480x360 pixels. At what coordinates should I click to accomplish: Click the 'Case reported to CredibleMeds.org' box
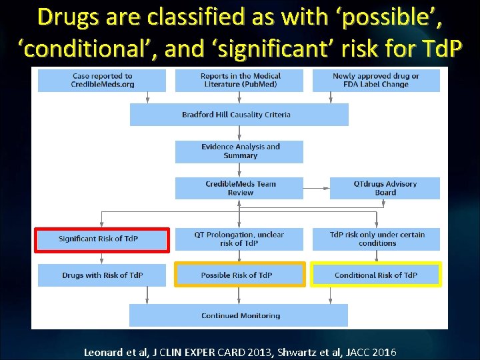point(102,81)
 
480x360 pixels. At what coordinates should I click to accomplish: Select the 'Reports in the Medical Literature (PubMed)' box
point(239,81)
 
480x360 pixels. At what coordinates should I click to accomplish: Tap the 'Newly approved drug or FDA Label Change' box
point(376,81)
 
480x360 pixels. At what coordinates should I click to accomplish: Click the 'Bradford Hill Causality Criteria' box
point(239,115)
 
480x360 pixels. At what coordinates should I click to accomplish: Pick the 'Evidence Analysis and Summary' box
point(239,151)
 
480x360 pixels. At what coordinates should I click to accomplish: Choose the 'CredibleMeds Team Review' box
point(239,188)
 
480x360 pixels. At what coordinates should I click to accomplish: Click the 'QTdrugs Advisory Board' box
point(385,188)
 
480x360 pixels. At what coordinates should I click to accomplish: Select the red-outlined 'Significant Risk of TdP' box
point(102,239)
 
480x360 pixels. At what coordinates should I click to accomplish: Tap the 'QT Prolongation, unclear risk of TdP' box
point(239,239)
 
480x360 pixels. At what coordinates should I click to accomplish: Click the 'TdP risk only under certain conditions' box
point(376,239)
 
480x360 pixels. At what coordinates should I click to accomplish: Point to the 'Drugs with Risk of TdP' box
point(102,275)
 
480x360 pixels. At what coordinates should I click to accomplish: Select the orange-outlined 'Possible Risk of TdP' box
point(239,275)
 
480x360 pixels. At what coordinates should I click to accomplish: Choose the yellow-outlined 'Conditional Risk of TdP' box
point(376,275)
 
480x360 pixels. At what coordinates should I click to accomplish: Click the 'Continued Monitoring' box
point(239,315)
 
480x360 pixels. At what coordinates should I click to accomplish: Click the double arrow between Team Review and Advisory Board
point(317,189)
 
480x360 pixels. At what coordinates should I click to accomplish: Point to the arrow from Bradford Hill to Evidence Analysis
point(239,133)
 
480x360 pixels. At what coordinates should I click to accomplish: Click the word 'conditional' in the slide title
point(83,49)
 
